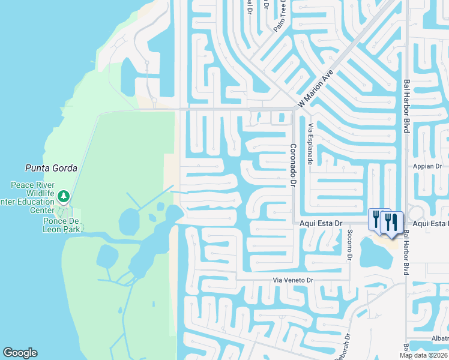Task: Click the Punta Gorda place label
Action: pyautogui.click(x=50, y=168)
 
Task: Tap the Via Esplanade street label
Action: pyautogui.click(x=310, y=144)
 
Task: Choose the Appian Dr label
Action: pyautogui.click(x=427, y=166)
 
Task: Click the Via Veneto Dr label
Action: pyautogui.click(x=294, y=280)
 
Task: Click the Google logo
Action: pyautogui.click(x=20, y=353)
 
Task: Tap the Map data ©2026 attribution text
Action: pyautogui.click(x=424, y=355)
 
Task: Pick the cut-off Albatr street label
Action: pyautogui.click(x=439, y=338)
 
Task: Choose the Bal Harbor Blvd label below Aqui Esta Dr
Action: pyautogui.click(x=407, y=252)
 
